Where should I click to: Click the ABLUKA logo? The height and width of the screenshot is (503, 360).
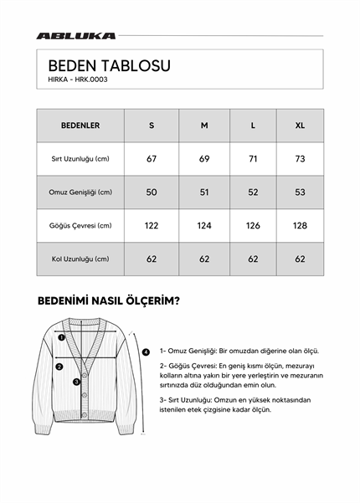pyautogui.click(x=75, y=36)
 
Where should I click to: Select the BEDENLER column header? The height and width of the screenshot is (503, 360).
pyautogui.click(x=80, y=126)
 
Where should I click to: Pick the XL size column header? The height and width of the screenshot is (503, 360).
pyautogui.click(x=300, y=126)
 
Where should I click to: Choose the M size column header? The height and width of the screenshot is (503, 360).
pyautogui.click(x=203, y=126)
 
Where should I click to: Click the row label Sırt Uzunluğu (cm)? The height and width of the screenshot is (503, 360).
pyautogui.click(x=80, y=159)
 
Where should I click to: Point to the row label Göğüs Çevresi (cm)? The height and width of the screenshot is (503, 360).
pyautogui.click(x=80, y=226)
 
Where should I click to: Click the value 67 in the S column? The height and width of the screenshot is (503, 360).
pyautogui.click(x=152, y=159)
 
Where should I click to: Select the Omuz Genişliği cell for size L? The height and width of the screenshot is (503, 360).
pyautogui.click(x=254, y=192)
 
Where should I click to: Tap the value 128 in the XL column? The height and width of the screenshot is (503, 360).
pyautogui.click(x=300, y=226)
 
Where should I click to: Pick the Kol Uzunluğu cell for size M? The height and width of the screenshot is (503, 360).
pyautogui.click(x=203, y=259)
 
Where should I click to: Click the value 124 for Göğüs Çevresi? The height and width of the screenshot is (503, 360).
pyautogui.click(x=203, y=226)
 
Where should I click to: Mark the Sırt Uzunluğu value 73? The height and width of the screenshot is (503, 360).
pyautogui.click(x=300, y=159)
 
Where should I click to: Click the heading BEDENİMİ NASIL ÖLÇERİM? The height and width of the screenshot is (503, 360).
pyautogui.click(x=108, y=300)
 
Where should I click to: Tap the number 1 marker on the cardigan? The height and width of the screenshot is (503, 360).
pyautogui.click(x=60, y=338)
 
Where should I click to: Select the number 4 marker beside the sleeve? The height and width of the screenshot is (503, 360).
pyautogui.click(x=146, y=352)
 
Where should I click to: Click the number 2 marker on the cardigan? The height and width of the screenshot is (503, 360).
pyautogui.click(x=59, y=366)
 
